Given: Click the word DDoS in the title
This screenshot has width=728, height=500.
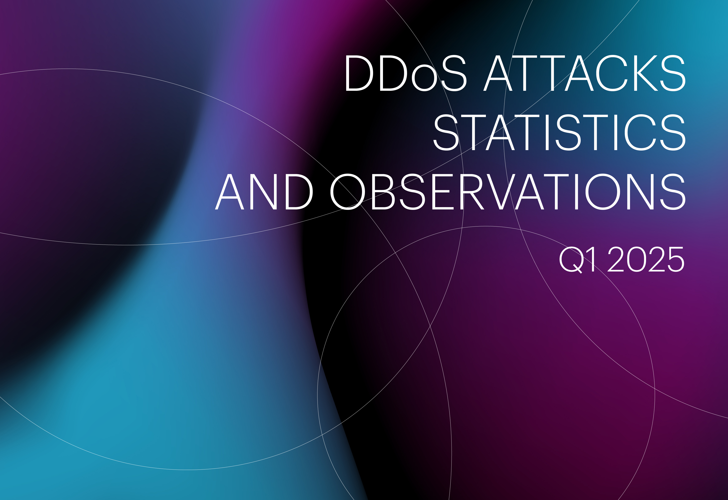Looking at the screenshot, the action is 406,73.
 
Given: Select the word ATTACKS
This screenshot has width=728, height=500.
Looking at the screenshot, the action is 585,73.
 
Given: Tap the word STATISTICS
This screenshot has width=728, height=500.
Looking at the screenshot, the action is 559,132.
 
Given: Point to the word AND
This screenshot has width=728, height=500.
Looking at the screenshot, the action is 264,192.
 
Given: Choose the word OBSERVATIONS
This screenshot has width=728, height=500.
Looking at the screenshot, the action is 508,192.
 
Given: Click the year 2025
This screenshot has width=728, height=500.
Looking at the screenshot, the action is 646,259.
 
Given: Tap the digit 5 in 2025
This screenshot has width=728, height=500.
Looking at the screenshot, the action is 675,259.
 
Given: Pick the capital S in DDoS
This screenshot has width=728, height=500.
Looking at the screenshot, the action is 454,73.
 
